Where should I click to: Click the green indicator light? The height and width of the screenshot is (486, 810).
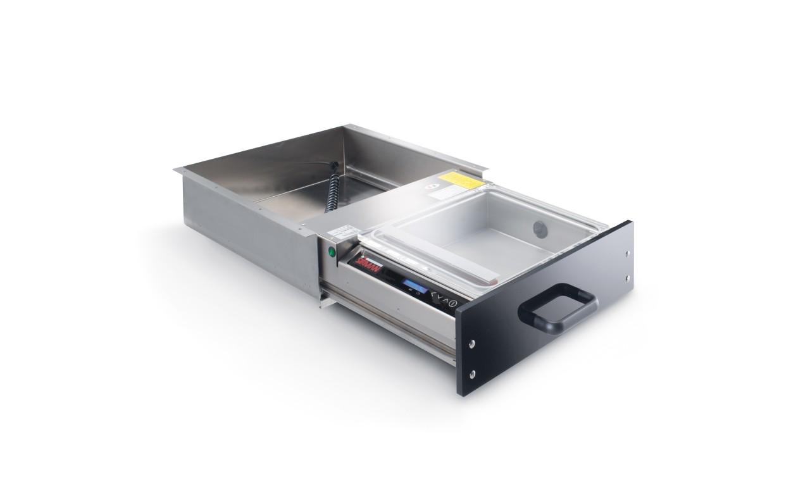click(331, 251)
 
